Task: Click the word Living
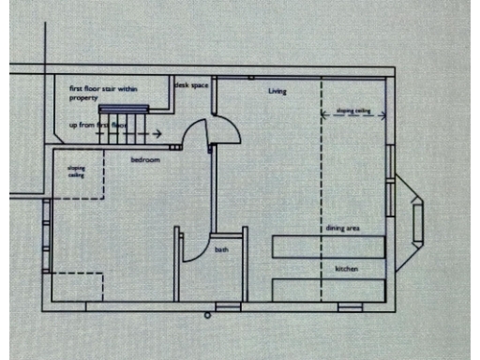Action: tap(277, 91)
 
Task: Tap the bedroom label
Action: tap(145, 160)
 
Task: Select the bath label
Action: tap(221, 249)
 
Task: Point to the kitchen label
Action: tap(347, 269)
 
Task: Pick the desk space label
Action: tap(191, 84)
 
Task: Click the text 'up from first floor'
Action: tap(97, 124)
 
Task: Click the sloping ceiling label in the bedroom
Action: tap(76, 172)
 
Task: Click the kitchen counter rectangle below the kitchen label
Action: tap(328, 287)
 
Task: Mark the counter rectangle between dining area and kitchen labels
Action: tap(328, 247)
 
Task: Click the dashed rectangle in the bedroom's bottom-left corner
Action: tap(74, 286)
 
